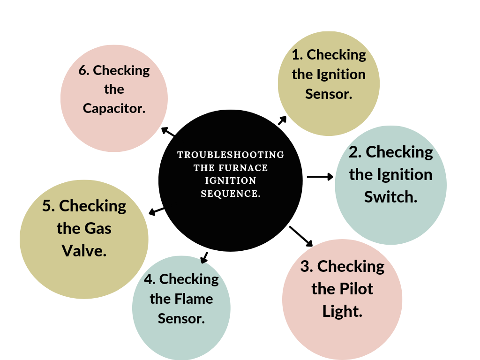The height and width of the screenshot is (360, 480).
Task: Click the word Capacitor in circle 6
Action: tap(114, 108)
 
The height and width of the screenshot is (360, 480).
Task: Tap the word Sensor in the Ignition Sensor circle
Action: tap(328, 94)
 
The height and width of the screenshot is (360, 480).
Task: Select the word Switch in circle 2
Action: tap(390, 197)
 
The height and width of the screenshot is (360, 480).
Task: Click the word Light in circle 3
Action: tap(342, 311)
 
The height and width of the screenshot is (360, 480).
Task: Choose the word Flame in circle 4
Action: tap(195, 299)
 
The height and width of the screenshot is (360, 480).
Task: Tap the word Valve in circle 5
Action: tap(84, 251)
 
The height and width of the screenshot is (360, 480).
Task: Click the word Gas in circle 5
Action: tap(98, 228)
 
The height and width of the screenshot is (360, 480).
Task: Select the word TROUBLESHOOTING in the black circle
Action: tap(231, 155)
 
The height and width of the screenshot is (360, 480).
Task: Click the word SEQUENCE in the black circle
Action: tap(231, 194)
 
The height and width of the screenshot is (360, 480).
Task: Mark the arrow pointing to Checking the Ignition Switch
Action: tap(320, 177)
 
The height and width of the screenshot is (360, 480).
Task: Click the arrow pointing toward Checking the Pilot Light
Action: tap(301, 236)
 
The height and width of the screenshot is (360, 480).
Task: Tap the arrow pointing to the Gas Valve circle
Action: tap(156, 211)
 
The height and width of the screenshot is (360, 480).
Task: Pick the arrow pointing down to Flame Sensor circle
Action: tap(204, 257)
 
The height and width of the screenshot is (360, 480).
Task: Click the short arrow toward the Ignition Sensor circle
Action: tap(282, 120)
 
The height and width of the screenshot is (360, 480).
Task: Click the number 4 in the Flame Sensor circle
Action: tap(150, 279)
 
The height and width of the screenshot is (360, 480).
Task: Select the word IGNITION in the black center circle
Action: tap(231, 180)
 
